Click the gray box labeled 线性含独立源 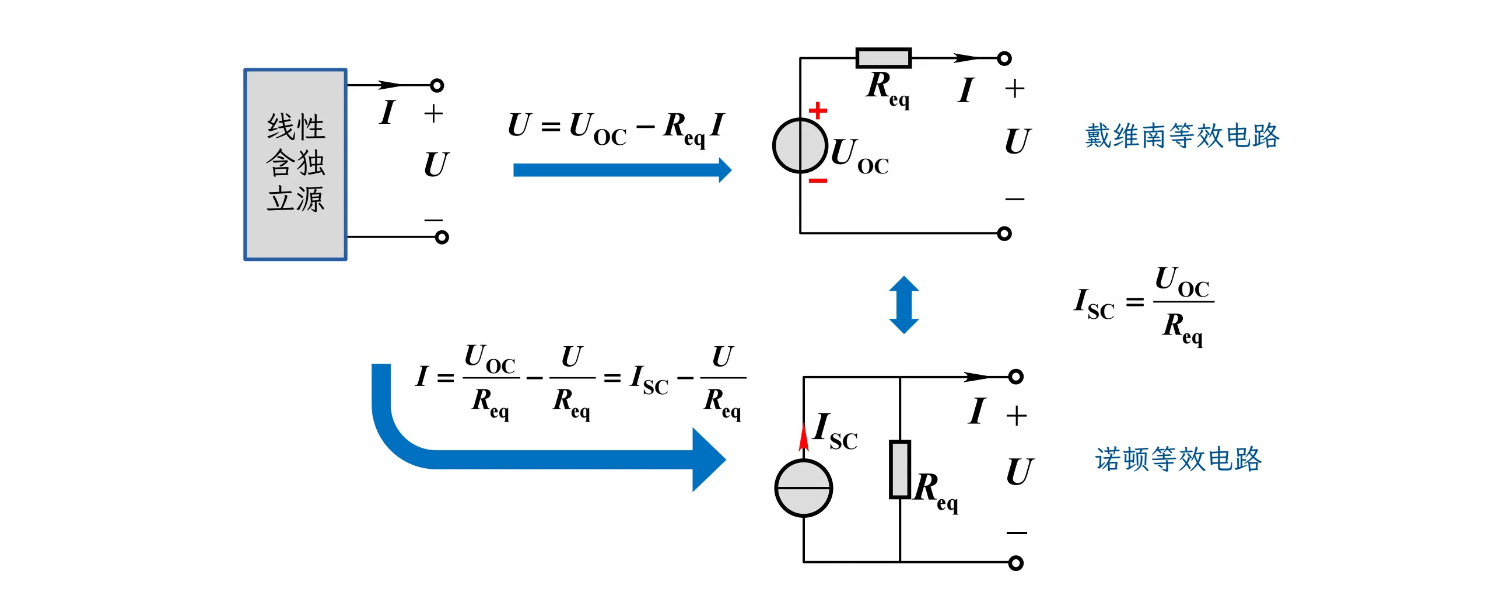click(295, 164)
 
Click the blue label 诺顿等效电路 click(1178, 459)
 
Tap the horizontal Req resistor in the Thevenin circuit click(883, 58)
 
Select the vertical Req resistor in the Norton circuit click(899, 469)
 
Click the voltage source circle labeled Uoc click(800, 146)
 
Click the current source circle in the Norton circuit click(803, 488)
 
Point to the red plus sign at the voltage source click(818, 110)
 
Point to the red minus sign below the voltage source click(818, 181)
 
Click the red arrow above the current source click(804, 436)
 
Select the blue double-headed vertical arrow click(903, 305)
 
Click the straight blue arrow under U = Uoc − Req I click(621, 170)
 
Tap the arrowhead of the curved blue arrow click(708, 459)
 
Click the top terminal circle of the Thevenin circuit click(1004, 58)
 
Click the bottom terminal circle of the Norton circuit click(1015, 563)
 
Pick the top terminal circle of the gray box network click(437, 86)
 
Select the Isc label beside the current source click(835, 431)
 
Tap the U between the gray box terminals click(436, 164)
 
